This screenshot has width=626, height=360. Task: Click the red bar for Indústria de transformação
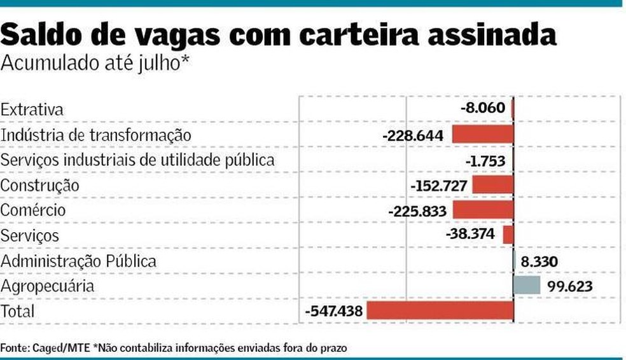[482, 134]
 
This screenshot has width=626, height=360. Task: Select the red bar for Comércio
[483, 210]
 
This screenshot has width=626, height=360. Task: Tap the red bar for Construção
[492, 185]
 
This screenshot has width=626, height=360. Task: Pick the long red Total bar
[440, 311]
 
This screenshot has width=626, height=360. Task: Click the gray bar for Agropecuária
[527, 286]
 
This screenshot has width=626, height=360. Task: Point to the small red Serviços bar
[508, 235]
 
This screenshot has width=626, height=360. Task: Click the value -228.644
[415, 135]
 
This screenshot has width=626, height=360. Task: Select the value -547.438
[334, 312]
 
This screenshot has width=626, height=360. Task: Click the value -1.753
[485, 160]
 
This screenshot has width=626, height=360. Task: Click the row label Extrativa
[32, 109]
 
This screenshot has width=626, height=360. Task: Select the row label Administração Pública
[78, 261]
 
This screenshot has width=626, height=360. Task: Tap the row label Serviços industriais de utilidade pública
[137, 160]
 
